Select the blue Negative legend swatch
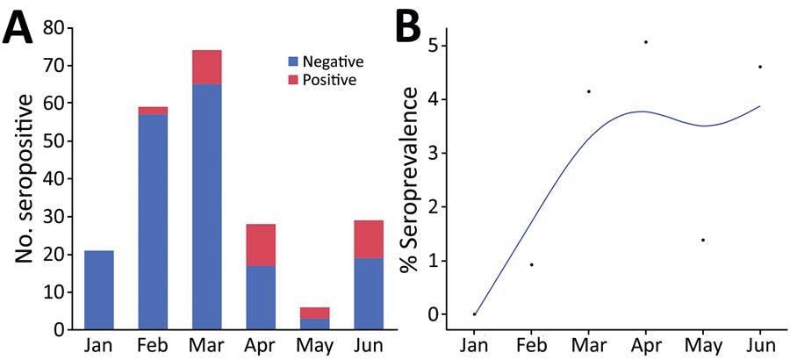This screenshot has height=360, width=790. pyautogui.click(x=293, y=62)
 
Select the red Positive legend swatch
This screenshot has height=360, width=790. pyautogui.click(x=293, y=80)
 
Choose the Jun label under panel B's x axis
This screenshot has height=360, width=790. pyautogui.click(x=759, y=346)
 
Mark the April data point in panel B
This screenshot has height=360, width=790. pyautogui.click(x=645, y=42)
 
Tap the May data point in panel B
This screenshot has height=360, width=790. pyautogui.click(x=703, y=240)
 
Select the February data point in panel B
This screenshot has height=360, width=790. pyautogui.click(x=531, y=264)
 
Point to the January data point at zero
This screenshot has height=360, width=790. pyautogui.click(x=474, y=313)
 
